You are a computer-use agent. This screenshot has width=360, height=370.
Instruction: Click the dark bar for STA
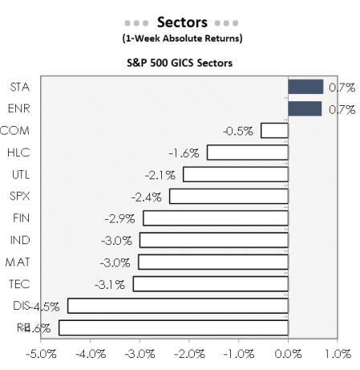pos(305,87)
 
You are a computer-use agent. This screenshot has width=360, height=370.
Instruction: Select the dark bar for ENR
pos(305,108)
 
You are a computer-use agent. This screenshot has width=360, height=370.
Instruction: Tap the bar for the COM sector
pos(274,130)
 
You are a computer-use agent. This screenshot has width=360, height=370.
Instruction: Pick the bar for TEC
pos(210,283)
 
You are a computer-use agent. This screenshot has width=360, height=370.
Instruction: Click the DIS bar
pos(177,306)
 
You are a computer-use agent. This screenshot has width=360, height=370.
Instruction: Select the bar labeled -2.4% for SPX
pos(229,196)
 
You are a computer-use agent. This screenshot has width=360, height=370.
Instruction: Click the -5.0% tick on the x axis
pos(41,353)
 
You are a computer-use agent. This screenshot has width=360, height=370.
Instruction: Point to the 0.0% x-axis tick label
pos(288,353)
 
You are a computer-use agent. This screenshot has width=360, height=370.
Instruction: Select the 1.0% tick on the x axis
pos(337,353)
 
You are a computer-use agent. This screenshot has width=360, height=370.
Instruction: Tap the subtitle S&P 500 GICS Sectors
pos(181,63)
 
